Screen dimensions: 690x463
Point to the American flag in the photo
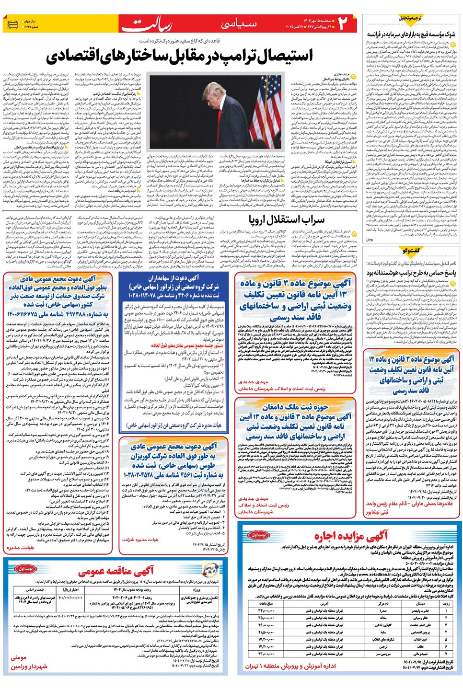point(266,110)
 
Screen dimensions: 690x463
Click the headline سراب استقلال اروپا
point(286,220)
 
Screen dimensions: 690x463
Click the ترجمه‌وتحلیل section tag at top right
point(411,18)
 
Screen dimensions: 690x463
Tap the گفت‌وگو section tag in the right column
point(412,251)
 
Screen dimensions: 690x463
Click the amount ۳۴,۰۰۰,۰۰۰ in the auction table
point(266,611)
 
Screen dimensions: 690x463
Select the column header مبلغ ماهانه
point(266,603)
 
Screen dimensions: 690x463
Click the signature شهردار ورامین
point(29,666)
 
